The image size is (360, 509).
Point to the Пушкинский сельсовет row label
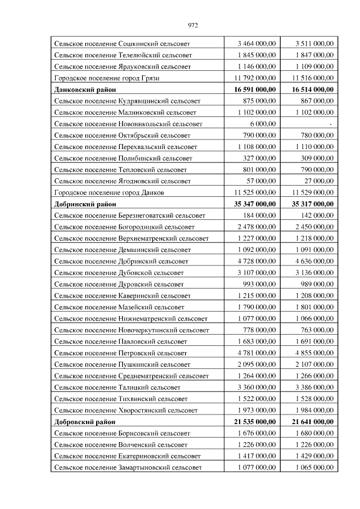(122, 364)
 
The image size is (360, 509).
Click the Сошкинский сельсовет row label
(122, 43)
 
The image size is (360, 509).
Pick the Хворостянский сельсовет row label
(126, 410)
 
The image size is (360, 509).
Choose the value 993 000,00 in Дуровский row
(259, 284)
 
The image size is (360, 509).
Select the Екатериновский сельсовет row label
(128, 456)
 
